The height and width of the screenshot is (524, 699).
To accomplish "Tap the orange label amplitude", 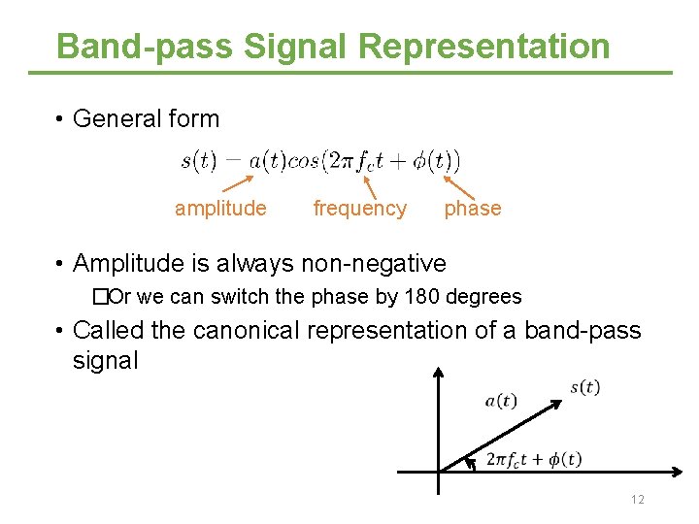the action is (x=220, y=208).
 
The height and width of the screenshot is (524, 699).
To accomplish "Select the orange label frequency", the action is (x=360, y=208).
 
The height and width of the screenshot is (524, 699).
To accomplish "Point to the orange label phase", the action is (x=473, y=208).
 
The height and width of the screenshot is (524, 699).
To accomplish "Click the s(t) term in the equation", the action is (x=199, y=160).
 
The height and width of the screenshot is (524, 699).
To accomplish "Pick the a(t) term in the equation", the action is (x=267, y=160).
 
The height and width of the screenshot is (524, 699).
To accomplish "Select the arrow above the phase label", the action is (x=452, y=185).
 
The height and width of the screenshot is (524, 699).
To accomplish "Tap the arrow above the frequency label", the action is (x=370, y=185).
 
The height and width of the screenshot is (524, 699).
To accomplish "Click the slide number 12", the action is (x=638, y=500).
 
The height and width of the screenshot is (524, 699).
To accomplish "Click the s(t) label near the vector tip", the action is (x=585, y=388).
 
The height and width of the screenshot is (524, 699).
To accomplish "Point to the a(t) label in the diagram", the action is (x=501, y=401).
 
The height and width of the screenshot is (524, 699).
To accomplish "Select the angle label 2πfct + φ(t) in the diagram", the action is (x=533, y=459).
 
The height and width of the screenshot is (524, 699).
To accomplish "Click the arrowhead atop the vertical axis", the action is (x=440, y=373).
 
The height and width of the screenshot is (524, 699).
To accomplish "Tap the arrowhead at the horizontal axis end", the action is (x=679, y=473).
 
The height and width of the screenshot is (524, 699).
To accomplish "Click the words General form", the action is (x=147, y=119).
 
